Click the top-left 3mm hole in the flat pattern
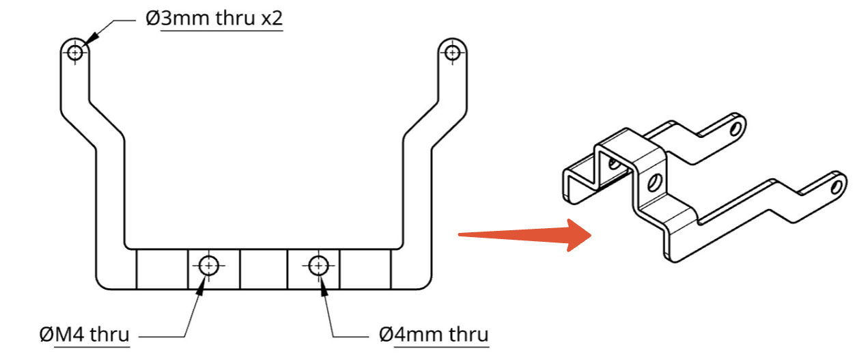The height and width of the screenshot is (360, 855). coord(75,52)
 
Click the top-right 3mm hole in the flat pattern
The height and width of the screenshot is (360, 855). coord(452,52)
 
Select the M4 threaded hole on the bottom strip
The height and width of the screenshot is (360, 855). coord(209,265)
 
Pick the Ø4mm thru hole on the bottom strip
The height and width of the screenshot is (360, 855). coord(318,265)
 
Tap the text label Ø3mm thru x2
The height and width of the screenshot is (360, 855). coord(214,18)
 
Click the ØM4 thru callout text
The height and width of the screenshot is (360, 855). coord(85,335)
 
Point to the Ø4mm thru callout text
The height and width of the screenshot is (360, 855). coord(434,335)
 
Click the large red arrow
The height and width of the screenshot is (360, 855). coord(525,235)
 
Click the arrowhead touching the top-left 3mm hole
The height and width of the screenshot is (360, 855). coord(90,39)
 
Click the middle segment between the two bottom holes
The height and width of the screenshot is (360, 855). coord(264,269)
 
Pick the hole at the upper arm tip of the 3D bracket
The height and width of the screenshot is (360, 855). coord(735,129)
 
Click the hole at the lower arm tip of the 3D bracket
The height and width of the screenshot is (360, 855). coord(835,187)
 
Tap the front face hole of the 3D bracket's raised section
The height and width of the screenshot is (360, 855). coord(654,182)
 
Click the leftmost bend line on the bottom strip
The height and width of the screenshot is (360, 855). coord(137,269)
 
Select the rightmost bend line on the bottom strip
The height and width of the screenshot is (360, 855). coord(391,269)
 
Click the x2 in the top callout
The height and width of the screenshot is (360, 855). coord(272,18)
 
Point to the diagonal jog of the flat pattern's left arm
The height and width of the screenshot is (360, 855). coord(92,124)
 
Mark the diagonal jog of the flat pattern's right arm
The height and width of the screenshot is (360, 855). coord(435,124)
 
